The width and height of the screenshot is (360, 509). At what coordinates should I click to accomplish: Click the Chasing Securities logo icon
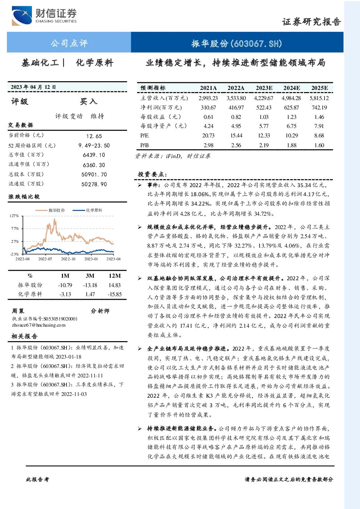tap(22, 16)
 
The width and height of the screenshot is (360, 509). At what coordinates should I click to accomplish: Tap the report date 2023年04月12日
tap(33, 87)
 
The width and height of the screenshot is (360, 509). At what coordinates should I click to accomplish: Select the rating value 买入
tap(88, 102)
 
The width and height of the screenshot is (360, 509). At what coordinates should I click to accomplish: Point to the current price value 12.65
tap(94, 136)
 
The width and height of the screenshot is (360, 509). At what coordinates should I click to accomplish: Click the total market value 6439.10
tap(94, 155)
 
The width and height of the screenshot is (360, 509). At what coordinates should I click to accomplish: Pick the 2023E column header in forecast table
tap(264, 88)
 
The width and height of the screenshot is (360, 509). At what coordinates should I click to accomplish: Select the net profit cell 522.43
tap(264, 107)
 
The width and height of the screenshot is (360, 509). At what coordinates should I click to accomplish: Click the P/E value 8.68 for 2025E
tap(319, 136)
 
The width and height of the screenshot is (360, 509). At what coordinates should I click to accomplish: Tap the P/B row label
tap(145, 145)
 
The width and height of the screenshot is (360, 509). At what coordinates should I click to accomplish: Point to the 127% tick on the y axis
tap(14, 216)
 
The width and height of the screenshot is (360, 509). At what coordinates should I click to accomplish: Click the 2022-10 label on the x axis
tap(68, 259)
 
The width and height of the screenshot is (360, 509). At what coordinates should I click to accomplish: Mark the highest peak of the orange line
tap(54, 219)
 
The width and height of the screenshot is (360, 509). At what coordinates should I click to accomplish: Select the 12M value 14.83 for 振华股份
tap(115, 285)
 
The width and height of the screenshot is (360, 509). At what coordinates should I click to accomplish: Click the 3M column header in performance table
tap(90, 276)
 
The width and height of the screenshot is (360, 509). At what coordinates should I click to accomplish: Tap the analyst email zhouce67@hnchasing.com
tap(39, 325)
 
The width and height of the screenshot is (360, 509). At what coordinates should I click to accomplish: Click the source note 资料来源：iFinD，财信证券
tap(173, 156)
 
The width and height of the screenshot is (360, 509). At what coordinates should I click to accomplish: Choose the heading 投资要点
tap(153, 174)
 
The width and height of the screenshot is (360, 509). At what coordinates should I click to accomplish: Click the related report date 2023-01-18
tap(69, 357)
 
